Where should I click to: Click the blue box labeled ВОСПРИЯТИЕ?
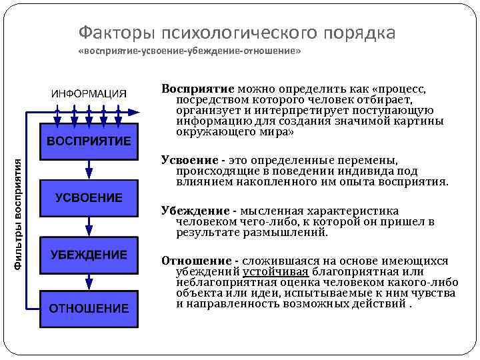pyautogui.click(x=89, y=141)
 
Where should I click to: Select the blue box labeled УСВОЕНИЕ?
pyautogui.click(x=89, y=198)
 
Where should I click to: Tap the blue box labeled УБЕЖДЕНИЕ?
pyautogui.click(x=89, y=255)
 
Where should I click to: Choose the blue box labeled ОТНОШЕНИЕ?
pyautogui.click(x=89, y=308)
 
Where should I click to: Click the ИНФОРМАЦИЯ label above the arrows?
pyautogui.click(x=89, y=94)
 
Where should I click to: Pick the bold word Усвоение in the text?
pyautogui.click(x=190, y=161)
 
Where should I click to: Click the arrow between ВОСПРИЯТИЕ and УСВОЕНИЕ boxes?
pyautogui.click(x=89, y=170)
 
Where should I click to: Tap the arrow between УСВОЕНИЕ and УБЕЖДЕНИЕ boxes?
pyautogui.click(x=89, y=227)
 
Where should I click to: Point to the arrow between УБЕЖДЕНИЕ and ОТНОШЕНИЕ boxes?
pyautogui.click(x=89, y=282)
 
